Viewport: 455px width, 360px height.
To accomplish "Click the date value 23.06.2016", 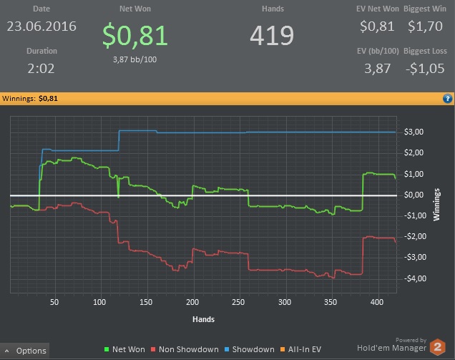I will (x=41, y=26).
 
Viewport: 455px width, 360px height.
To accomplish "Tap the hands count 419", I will (x=273, y=34).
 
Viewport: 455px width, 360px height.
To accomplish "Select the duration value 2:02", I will (x=41, y=69).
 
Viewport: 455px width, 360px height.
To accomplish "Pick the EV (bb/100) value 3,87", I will (x=378, y=69).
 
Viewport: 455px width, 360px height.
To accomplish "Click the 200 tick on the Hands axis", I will (x=192, y=302).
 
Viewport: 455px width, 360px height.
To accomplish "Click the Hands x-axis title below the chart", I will (x=204, y=319).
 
